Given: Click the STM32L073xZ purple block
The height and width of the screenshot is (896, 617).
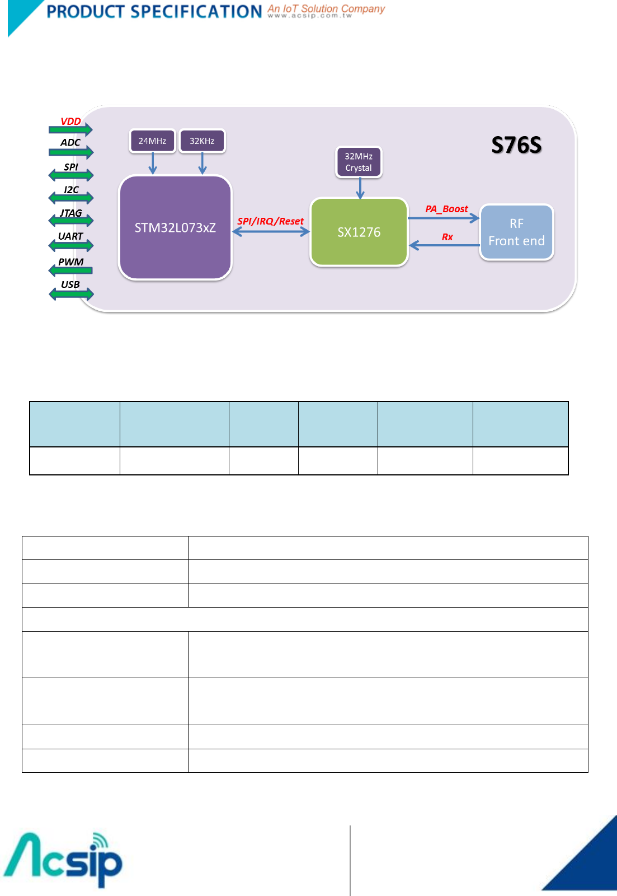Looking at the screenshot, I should coord(175,227).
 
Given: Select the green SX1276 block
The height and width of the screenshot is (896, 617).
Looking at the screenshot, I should coord(359,232).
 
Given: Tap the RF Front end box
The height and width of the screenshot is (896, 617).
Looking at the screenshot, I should coord(516,232).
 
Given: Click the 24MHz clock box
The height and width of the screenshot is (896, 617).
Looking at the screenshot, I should coord(152,141).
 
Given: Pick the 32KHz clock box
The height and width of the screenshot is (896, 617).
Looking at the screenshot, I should coord(202,141).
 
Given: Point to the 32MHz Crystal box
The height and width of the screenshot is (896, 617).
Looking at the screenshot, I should coord(359,162).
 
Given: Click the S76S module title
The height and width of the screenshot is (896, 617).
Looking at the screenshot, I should coord(516,145).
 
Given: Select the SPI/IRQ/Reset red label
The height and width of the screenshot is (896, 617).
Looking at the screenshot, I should coord(270,221).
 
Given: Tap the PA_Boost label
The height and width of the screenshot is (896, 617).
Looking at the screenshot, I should coord(446,209).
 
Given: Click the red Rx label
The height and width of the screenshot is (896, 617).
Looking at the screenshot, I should coord(447,237).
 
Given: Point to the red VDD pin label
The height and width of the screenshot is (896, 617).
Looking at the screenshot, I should coord(70,122).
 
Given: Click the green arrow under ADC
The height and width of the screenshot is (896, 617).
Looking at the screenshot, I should coord(71,152).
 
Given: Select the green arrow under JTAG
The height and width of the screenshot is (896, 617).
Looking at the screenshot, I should coord(71,221).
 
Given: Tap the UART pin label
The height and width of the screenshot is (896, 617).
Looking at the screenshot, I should coord(70,236).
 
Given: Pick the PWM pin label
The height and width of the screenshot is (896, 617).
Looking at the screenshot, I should coord(71,262).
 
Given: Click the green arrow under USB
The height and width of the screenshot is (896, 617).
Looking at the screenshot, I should coord(71,294).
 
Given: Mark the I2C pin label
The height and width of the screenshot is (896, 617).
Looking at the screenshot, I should coord(71,190).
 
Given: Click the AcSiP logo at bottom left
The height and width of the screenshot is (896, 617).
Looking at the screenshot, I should coord(63,860).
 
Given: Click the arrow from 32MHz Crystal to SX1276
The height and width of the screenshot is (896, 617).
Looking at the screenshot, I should coord(360,188).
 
